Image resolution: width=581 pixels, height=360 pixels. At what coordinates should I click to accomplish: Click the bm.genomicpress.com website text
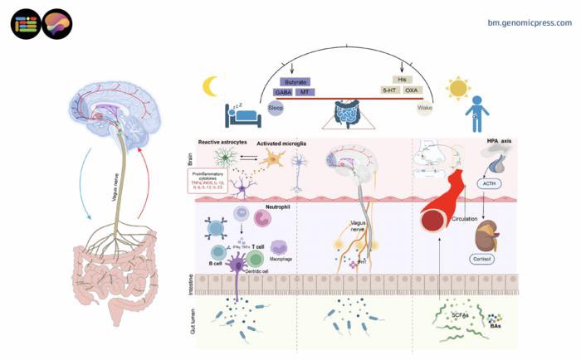530,22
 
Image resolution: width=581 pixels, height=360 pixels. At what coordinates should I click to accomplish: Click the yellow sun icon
458,88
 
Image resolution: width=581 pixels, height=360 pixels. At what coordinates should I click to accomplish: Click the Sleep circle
276,109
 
